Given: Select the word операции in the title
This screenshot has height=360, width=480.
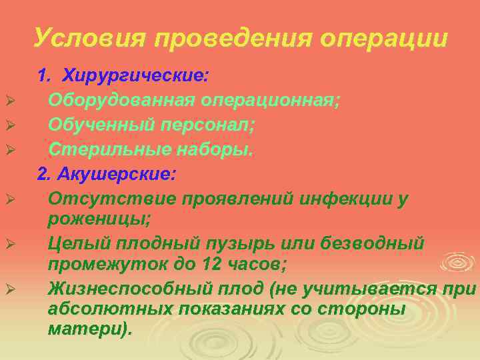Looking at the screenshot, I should click(x=384, y=38).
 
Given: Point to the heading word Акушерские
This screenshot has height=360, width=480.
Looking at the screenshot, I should click(x=116, y=175).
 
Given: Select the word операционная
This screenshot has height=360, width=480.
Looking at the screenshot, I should click(x=270, y=101).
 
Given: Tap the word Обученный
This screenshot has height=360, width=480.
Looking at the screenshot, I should click(x=100, y=125).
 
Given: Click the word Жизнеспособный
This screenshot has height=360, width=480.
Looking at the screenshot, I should click(x=127, y=289).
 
